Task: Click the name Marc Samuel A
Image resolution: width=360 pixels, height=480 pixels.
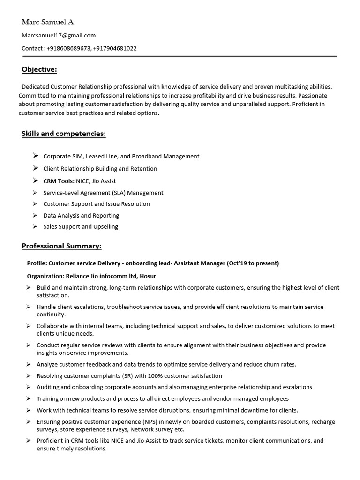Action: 48,22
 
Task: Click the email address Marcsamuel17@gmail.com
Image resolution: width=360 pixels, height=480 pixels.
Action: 59,35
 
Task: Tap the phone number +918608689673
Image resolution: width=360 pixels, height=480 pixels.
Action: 68,48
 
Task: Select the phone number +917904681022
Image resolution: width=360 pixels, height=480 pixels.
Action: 115,48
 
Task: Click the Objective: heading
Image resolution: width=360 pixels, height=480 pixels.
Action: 39,70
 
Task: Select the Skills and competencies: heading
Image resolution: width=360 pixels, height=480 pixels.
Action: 64,134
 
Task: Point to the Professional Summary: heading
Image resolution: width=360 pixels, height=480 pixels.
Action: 61,246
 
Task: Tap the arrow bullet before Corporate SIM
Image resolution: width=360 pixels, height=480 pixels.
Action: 36,156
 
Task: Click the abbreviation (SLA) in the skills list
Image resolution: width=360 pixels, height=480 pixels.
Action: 118,193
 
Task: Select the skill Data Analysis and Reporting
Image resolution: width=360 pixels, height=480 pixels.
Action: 81,216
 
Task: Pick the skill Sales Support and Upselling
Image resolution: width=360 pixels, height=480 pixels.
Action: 81,227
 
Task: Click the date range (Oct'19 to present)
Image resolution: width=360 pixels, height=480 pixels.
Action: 253,263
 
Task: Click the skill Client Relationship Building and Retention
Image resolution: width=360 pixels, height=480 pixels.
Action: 100,169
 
